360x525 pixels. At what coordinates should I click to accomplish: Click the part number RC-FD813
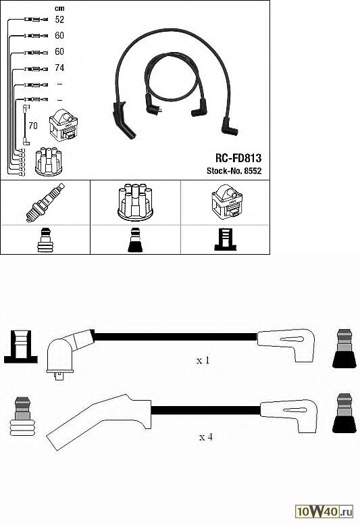click(238, 158)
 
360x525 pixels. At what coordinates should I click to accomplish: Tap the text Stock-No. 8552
click(234, 171)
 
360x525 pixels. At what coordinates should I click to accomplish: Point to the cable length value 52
click(59, 20)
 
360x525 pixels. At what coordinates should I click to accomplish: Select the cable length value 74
click(59, 68)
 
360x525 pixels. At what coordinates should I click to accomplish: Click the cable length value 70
click(33, 126)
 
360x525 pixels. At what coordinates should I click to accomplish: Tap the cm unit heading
click(59, 8)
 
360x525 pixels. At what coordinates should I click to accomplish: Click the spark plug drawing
click(45, 203)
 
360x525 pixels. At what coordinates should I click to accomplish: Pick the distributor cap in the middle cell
click(136, 202)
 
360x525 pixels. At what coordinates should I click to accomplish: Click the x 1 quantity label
click(203, 360)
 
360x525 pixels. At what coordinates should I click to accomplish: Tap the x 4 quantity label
click(206, 437)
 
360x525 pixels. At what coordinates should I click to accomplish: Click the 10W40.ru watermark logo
click(324, 511)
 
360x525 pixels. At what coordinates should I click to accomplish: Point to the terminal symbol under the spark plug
click(45, 240)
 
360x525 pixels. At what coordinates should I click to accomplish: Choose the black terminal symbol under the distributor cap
click(135, 240)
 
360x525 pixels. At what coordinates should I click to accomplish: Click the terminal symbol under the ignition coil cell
click(225, 239)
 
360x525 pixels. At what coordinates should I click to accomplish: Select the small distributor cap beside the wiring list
click(49, 161)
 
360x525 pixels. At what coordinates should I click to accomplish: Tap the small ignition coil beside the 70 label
click(63, 125)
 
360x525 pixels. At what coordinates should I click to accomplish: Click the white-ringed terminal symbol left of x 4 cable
click(22, 416)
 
